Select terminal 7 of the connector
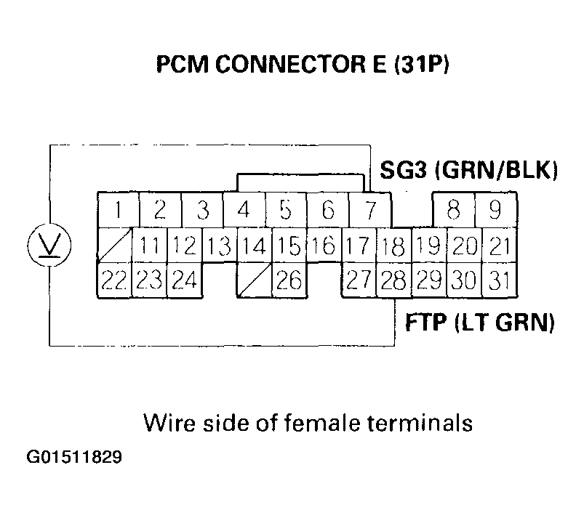click(369, 211)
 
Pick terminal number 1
click(118, 211)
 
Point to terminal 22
click(114, 280)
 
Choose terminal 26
click(289, 280)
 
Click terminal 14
click(253, 246)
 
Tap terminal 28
click(394, 280)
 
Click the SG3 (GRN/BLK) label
click(469, 171)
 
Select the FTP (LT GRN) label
click(479, 322)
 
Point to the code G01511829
click(75, 458)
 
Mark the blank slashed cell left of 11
click(114, 246)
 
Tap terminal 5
click(286, 211)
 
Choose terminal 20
click(464, 246)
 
